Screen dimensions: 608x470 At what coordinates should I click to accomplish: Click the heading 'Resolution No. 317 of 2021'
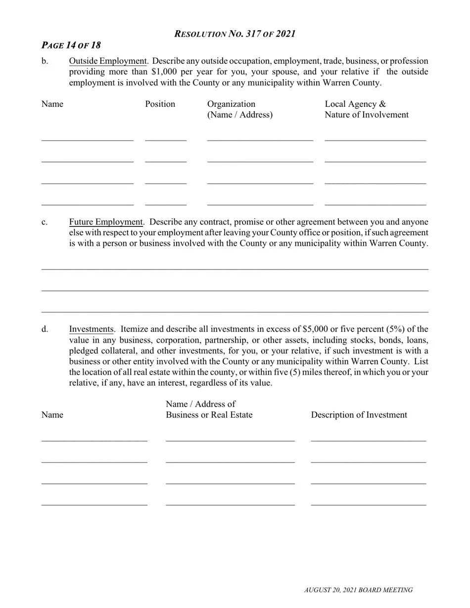pyautogui.click(x=235, y=34)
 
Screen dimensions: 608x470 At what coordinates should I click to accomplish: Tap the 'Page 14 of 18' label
pyautogui.click(x=71, y=45)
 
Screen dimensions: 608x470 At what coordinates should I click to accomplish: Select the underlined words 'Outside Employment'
pyautogui.click(x=108, y=61)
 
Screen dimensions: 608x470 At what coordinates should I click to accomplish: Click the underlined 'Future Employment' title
pyautogui.click(x=106, y=222)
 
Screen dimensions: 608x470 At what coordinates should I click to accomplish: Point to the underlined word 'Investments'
pyautogui.click(x=91, y=329)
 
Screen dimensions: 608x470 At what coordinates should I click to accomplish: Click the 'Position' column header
pyautogui.click(x=160, y=104)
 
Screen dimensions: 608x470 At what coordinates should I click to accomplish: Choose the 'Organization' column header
pyautogui.click(x=231, y=104)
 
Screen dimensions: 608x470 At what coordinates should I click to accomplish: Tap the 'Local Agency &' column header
pyautogui.click(x=355, y=104)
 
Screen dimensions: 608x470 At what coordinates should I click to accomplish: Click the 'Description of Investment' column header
pyautogui.click(x=359, y=415)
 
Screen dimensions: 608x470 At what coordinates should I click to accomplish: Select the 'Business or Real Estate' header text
pyautogui.click(x=209, y=415)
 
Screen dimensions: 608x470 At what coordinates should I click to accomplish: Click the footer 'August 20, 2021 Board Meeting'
pyautogui.click(x=358, y=590)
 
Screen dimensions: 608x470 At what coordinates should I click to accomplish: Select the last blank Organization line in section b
pyautogui.click(x=260, y=203)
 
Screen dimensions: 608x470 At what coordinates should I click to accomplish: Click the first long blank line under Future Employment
pyautogui.click(x=235, y=269)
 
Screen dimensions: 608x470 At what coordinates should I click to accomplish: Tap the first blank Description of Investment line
pyautogui.click(x=368, y=439)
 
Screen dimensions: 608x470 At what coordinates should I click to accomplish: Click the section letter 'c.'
pyautogui.click(x=45, y=222)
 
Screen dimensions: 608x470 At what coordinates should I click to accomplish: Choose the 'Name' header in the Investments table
pyautogui.click(x=52, y=415)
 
